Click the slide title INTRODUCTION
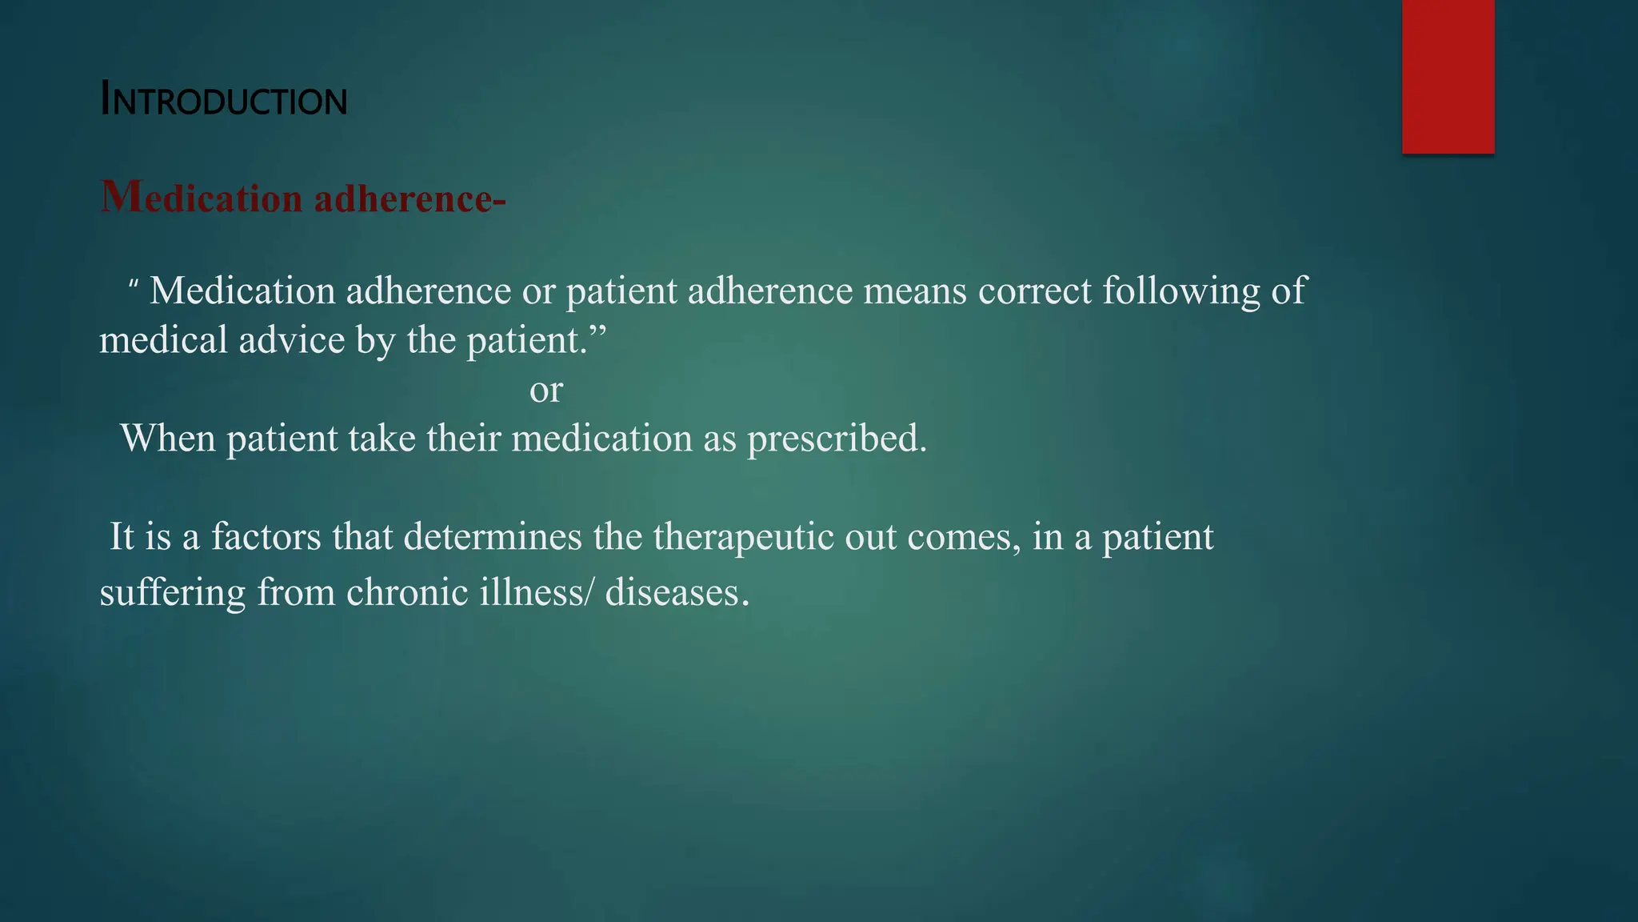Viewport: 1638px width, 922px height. (223, 101)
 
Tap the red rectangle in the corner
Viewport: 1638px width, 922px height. (1448, 76)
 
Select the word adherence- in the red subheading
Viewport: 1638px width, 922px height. (409, 198)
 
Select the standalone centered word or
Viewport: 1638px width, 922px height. (546, 391)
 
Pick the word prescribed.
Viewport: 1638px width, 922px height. (837, 439)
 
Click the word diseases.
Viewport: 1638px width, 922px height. (677, 593)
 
